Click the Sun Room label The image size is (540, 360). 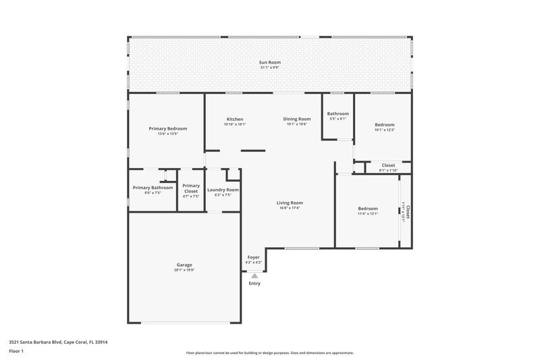coord(270,62)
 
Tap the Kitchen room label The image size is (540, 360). coord(234,120)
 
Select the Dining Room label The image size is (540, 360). coord(297,120)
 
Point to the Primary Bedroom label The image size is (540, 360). coord(167,128)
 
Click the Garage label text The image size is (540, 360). coord(184,265)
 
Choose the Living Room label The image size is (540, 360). coord(289,203)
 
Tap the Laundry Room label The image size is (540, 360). coord(223,190)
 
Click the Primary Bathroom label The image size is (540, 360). coord(153,188)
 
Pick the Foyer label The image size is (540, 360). coord(254,257)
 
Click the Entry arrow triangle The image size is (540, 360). coord(254,276)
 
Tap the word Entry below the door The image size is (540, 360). coord(254,283)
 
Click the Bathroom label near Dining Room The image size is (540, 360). coord(338,113)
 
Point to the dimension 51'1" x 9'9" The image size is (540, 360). coord(270,68)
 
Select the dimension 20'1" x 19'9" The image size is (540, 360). coord(184,270)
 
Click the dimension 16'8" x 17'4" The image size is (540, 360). coord(289,208)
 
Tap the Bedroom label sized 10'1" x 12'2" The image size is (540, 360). coord(385,125)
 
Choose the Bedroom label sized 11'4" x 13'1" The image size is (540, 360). coord(368,209)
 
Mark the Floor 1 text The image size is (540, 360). coord(16,351)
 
